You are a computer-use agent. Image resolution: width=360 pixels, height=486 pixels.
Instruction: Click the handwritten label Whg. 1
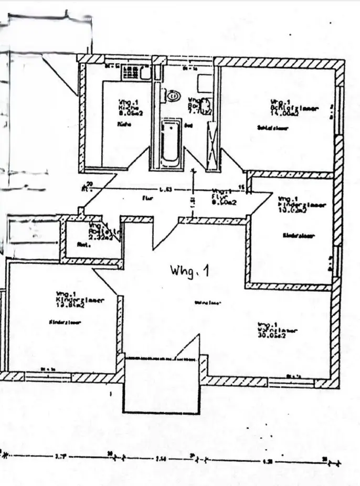(x=189, y=271)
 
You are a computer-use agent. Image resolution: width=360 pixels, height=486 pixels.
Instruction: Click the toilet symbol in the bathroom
(x=172, y=96)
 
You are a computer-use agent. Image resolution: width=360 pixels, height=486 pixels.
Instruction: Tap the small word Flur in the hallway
(x=147, y=199)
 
